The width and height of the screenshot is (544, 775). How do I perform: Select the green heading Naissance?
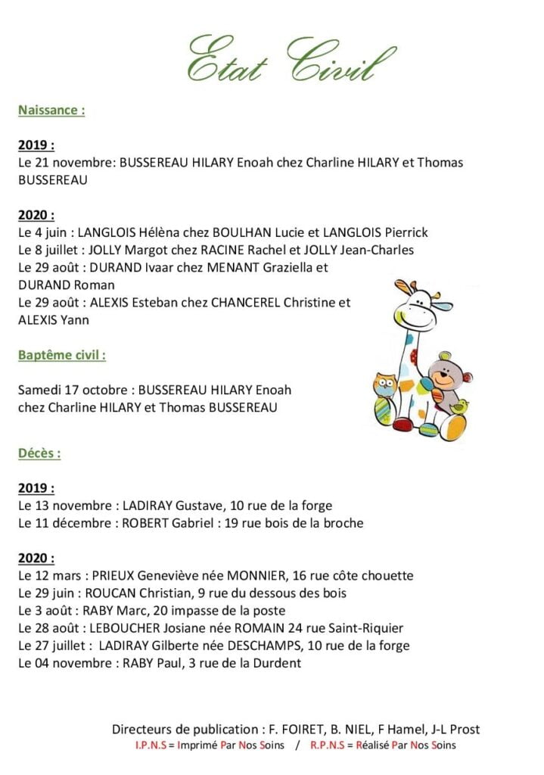(x=51, y=110)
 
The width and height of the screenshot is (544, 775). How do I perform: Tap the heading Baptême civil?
(x=61, y=355)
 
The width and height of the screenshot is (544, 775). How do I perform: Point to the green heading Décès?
(x=39, y=453)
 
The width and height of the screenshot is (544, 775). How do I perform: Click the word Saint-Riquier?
(x=366, y=628)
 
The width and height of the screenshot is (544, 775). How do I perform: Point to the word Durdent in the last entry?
(x=277, y=663)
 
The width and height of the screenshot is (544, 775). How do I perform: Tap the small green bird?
(x=459, y=406)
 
